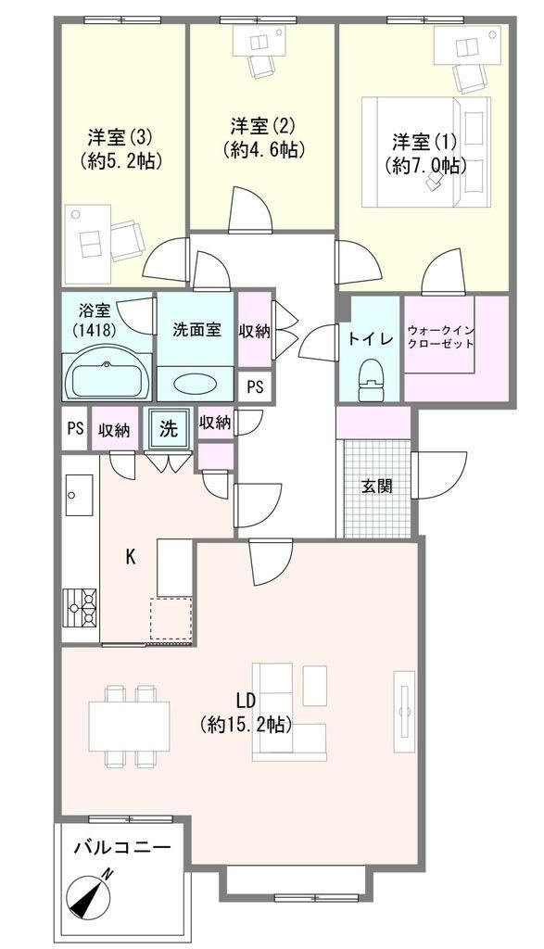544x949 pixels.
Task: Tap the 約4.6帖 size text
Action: point(263,149)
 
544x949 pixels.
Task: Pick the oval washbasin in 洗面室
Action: point(195,384)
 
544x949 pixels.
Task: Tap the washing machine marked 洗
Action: point(169,428)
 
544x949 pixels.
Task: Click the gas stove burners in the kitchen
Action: point(80,608)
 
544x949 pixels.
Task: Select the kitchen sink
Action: point(79,495)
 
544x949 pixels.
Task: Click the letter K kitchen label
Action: point(130,557)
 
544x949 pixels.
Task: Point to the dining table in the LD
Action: point(130,726)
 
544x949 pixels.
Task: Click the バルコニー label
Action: point(123,847)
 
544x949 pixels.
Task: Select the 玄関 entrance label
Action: point(377,487)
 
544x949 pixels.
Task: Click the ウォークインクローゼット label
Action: point(440,337)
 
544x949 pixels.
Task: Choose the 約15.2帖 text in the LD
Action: point(247,725)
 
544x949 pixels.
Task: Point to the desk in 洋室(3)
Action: point(88,245)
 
